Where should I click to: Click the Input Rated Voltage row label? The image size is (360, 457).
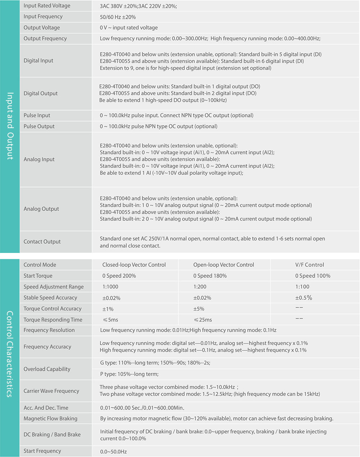[x=47, y=6]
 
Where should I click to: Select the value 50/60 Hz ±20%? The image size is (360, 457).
[x=118, y=17]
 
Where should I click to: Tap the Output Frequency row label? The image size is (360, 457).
[x=45, y=39]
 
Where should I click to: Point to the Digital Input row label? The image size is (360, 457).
[x=38, y=61]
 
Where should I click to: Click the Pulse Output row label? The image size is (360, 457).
[x=39, y=126]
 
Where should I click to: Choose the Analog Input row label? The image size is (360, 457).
[x=39, y=159]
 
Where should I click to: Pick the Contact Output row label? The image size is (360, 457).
[x=42, y=242]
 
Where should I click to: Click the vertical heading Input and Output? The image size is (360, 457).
[x=10, y=126]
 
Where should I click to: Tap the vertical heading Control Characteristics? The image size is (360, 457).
[x=10, y=354]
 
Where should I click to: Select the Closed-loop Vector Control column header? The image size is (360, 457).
[x=134, y=265]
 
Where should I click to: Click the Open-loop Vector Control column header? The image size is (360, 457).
[x=224, y=265]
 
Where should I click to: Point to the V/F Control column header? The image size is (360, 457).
[x=310, y=265]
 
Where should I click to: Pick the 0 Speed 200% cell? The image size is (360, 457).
[x=119, y=276]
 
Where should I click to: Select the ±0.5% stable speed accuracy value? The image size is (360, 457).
[x=303, y=298]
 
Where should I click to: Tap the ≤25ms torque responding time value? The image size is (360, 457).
[x=203, y=320]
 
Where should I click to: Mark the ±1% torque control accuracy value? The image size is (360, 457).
[x=108, y=309]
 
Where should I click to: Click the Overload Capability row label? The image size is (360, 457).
[x=47, y=369]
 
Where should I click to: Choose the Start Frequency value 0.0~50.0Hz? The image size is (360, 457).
[x=113, y=452]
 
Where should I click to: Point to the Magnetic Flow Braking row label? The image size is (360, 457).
[x=50, y=419]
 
